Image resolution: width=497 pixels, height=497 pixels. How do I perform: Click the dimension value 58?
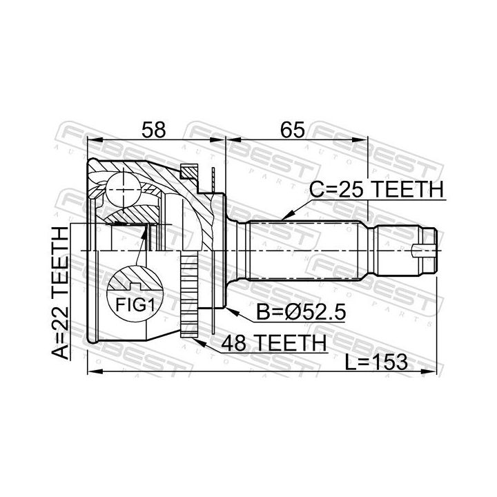point(153,130)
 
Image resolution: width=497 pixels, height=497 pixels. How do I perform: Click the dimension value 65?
point(293,130)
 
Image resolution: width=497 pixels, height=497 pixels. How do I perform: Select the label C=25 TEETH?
point(376,190)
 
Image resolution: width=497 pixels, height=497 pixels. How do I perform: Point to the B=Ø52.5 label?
point(300,312)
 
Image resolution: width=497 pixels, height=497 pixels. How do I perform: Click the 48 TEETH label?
point(274,342)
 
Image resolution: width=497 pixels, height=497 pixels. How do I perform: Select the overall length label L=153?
point(376,362)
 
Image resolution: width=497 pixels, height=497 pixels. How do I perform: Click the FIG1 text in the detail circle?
point(135,305)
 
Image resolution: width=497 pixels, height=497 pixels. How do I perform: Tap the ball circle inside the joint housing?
point(123,190)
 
